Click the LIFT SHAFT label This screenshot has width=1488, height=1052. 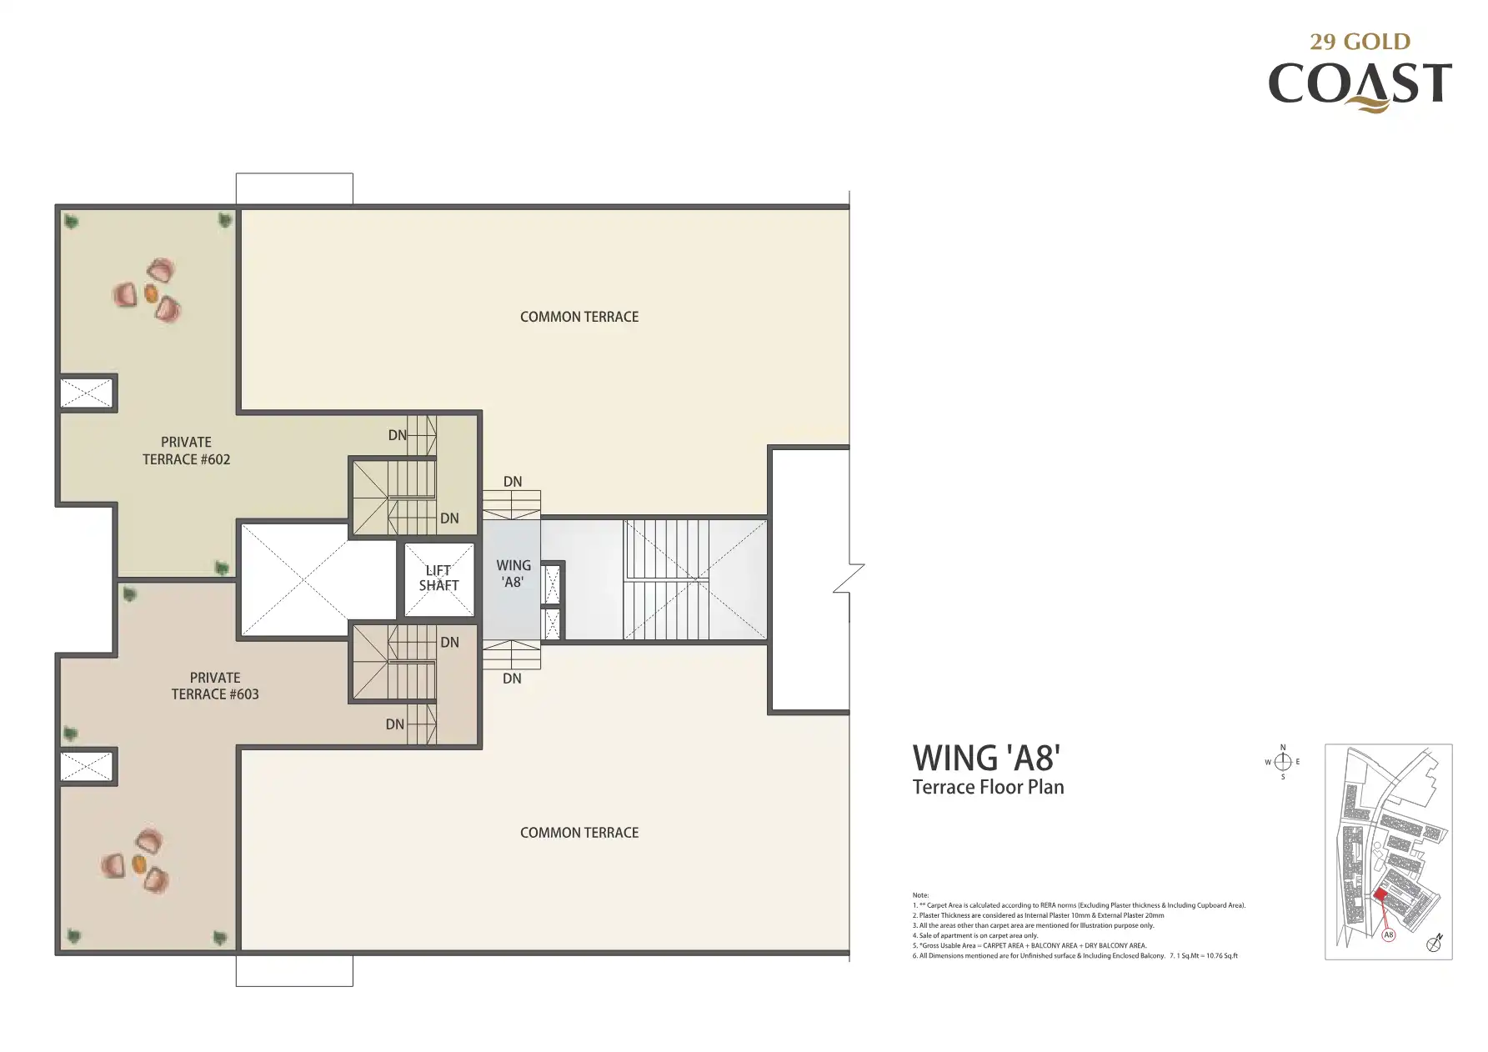coord(438,578)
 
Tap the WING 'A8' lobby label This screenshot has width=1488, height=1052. coord(514,574)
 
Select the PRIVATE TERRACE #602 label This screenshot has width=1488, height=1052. coord(186,451)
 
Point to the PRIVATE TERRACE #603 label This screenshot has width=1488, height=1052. coord(215,686)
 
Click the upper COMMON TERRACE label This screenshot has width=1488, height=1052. coord(579,317)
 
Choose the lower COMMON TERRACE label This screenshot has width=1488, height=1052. coord(579,833)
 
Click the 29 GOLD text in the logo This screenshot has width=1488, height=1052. coord(1360,42)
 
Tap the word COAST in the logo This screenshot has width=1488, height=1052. coord(1360,84)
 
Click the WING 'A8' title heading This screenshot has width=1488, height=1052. coord(986,759)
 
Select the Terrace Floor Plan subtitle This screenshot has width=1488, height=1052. coord(988,787)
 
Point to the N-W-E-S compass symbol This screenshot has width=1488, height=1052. coord(1283,762)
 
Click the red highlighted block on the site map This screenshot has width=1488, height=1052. coord(1380,894)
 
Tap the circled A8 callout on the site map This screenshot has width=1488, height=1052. coord(1389,935)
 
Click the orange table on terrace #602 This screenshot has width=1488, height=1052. coord(151,293)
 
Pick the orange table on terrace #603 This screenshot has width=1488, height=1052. coord(139,863)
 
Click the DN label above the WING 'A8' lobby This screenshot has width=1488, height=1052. coord(513,482)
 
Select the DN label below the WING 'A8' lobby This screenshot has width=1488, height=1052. coord(512,679)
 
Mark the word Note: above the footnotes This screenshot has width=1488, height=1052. coord(920,895)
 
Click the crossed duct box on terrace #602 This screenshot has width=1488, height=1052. coord(86,393)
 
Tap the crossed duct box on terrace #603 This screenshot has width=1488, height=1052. coord(86,766)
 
